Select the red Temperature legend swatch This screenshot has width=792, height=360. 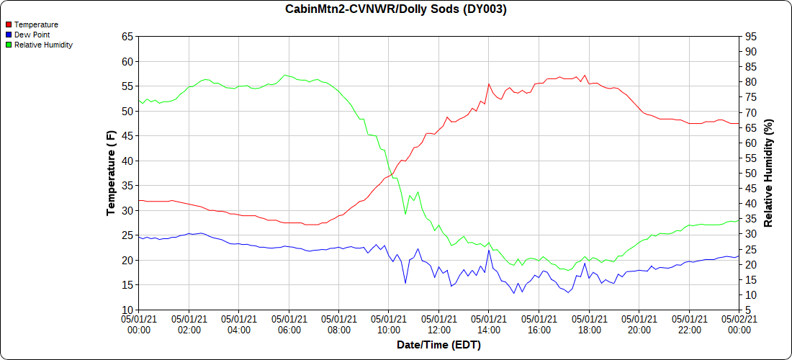[x=9, y=24]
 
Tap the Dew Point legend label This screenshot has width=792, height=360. [x=32, y=35]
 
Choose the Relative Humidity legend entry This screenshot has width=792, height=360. [x=43, y=45]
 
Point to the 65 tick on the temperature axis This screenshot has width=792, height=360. [x=127, y=37]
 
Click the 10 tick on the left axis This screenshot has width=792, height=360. [x=127, y=310]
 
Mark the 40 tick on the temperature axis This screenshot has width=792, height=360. [x=127, y=161]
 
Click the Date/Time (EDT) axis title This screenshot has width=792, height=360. [x=438, y=345]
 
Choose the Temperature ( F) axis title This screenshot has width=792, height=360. [x=111, y=173]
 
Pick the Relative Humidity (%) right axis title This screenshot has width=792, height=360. [x=768, y=173]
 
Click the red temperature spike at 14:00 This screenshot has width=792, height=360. [x=489, y=84]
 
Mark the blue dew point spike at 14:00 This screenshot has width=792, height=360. [x=489, y=250]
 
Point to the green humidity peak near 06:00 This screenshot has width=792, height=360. [x=286, y=75]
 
